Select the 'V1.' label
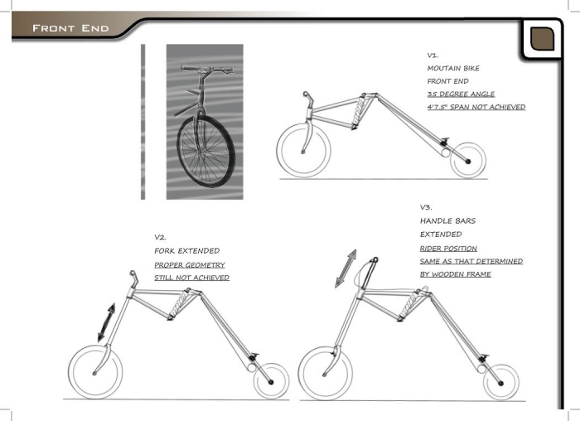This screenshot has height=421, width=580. (x=433, y=55)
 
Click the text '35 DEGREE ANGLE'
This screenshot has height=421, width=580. (x=460, y=94)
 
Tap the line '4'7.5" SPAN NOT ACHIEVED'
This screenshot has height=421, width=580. (x=476, y=107)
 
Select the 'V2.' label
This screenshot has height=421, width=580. (x=161, y=237)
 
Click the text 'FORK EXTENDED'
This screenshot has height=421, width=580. (x=186, y=250)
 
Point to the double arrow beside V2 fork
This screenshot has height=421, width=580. (x=104, y=322)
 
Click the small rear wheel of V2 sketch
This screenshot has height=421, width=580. (x=269, y=382)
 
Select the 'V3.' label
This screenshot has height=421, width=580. (x=426, y=207)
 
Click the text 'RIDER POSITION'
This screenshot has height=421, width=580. (x=448, y=248)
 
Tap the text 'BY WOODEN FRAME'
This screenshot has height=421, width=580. (x=455, y=274)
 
